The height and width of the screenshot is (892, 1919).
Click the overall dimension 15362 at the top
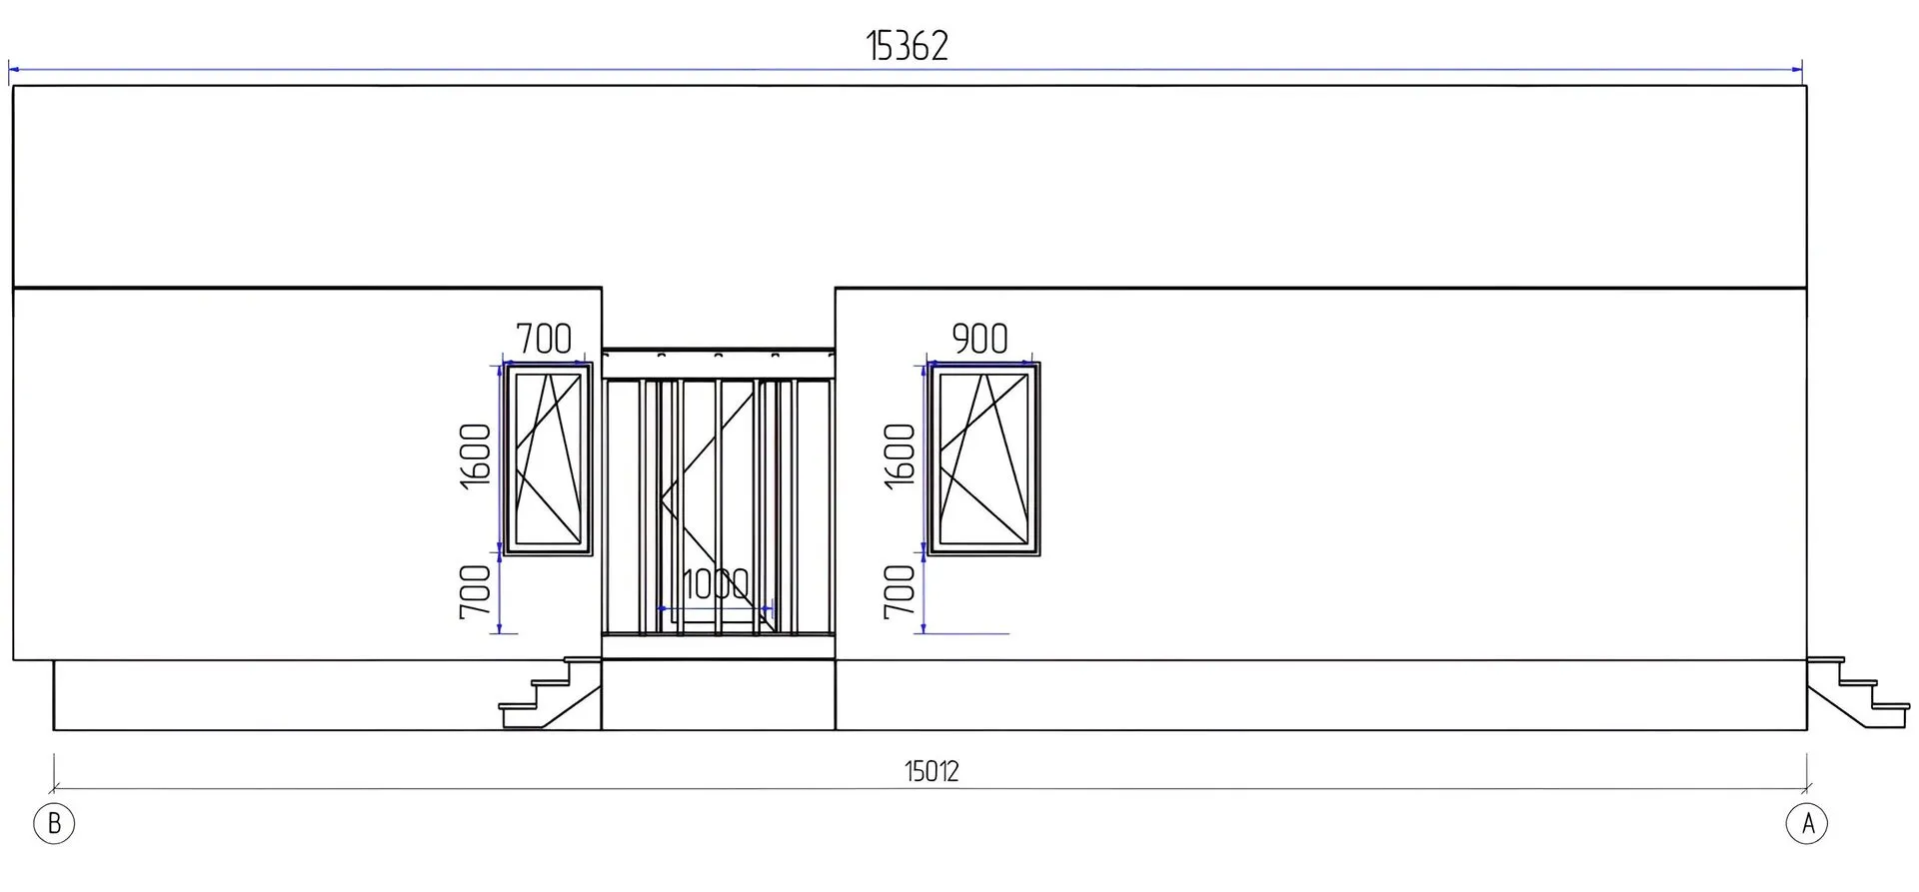907,46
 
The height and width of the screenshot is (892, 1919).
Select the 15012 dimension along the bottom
932,771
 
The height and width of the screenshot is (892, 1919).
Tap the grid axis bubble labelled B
54,824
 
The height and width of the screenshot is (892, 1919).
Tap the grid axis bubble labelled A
1807,824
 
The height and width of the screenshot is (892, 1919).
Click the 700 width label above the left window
544,339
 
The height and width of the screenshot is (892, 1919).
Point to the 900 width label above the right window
979,339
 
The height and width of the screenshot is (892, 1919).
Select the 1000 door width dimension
716,585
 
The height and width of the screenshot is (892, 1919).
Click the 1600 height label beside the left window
477,455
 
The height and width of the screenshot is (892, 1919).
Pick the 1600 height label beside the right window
901,455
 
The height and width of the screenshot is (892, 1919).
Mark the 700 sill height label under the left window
477,591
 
